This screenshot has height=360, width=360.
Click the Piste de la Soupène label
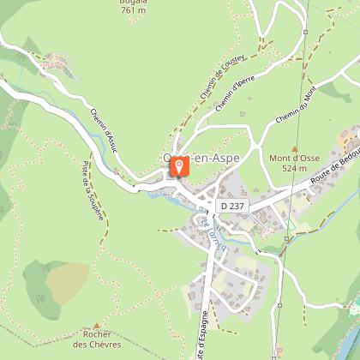(93, 193)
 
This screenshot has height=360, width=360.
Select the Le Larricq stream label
(208, 230)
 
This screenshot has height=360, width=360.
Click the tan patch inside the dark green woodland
(67, 278)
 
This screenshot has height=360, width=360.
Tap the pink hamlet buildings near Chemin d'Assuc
(53, 63)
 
